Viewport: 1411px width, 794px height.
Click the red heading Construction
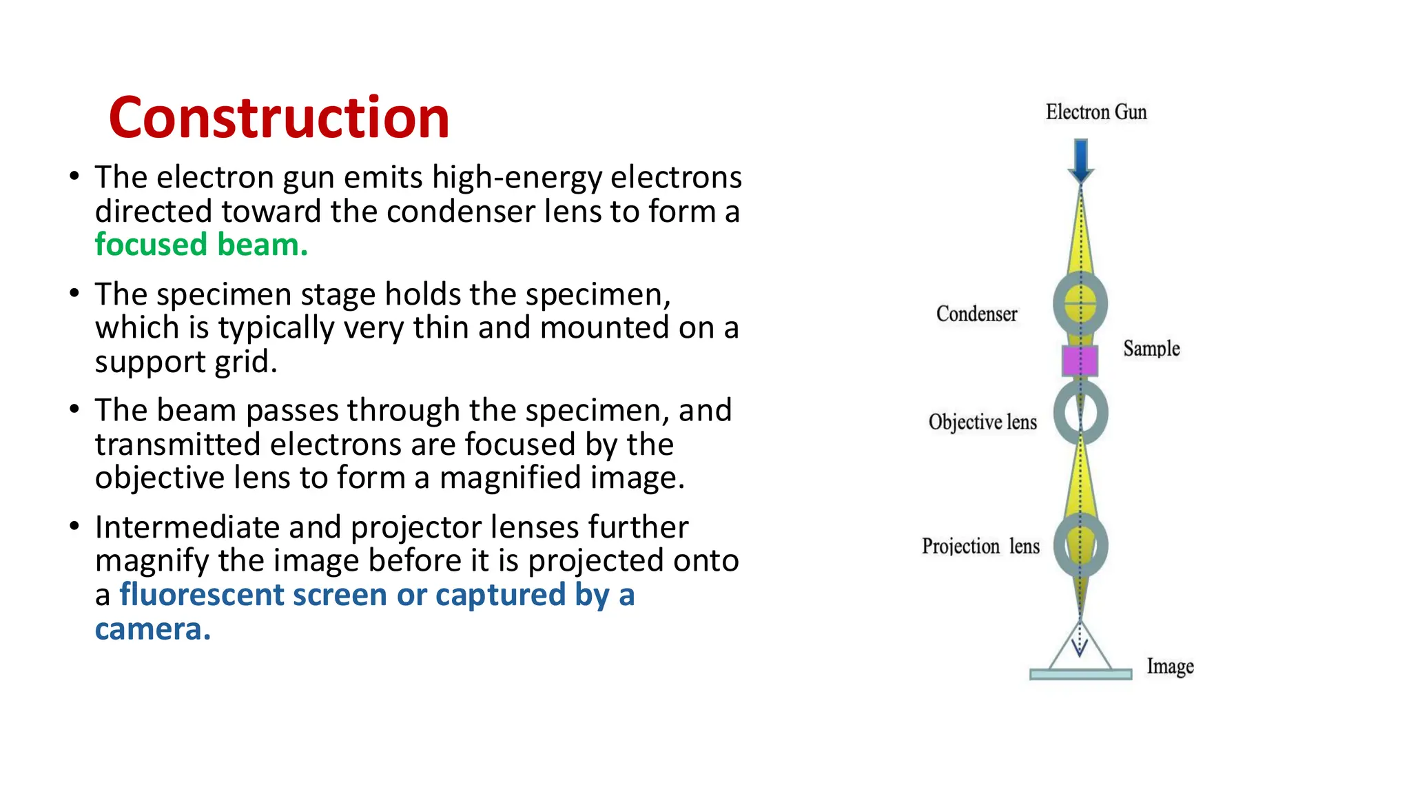tap(279, 118)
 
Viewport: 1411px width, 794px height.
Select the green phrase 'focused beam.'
tap(201, 245)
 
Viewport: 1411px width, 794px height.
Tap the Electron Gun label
tap(1096, 112)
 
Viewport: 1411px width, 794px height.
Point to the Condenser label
tap(976, 314)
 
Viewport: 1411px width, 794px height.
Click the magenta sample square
tap(1080, 361)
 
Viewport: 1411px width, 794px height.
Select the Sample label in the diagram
tap(1151, 349)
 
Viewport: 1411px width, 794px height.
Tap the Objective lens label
tap(982, 422)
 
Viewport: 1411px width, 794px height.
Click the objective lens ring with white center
tap(1080, 413)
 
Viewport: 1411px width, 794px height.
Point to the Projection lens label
tap(980, 547)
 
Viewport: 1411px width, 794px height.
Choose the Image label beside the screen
tap(1170, 666)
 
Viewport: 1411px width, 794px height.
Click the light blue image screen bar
tap(1080, 674)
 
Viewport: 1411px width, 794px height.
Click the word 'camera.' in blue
tap(153, 629)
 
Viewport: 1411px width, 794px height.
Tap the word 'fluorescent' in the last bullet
tap(201, 595)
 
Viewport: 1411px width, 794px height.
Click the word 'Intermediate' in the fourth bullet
tap(186, 527)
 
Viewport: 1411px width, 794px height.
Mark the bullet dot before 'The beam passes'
tap(74, 409)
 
